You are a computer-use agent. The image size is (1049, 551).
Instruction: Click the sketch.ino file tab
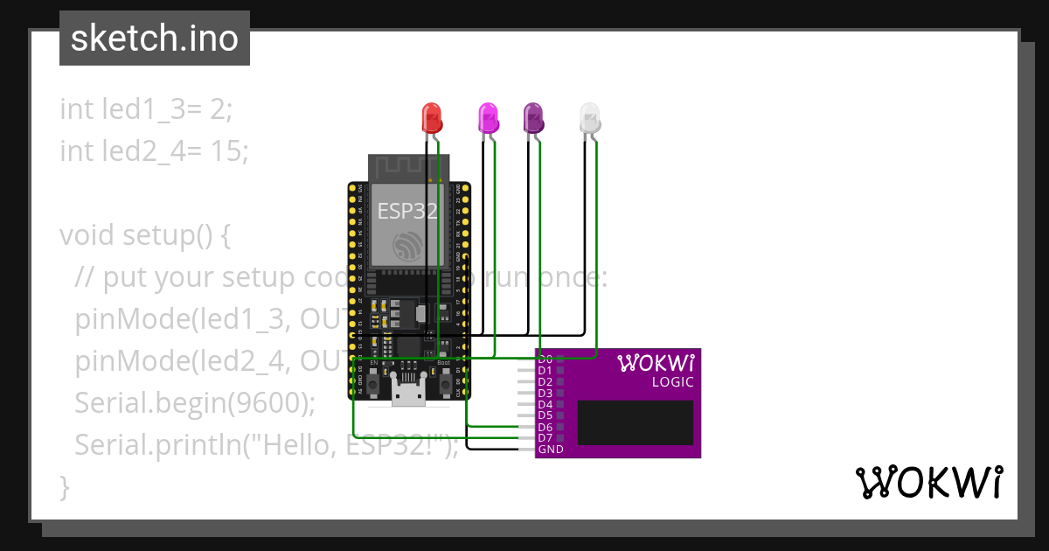(154, 38)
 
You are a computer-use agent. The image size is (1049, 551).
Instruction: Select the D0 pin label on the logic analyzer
(545, 359)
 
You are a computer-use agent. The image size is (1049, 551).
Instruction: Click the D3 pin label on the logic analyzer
(545, 394)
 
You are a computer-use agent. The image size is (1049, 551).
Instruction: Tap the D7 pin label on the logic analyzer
(545, 438)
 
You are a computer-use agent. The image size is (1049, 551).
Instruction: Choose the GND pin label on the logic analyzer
(551, 450)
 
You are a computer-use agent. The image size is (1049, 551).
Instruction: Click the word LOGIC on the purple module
(672, 382)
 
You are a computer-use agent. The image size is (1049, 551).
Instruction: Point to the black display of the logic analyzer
(636, 422)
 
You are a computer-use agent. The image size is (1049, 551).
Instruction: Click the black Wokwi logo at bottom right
(929, 482)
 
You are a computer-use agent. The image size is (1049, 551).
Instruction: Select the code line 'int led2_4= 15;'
(154, 151)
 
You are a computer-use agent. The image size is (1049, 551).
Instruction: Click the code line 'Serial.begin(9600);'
(194, 403)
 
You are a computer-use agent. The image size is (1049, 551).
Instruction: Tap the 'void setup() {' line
(144, 235)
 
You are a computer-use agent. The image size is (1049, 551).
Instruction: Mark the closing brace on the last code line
(65, 486)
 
